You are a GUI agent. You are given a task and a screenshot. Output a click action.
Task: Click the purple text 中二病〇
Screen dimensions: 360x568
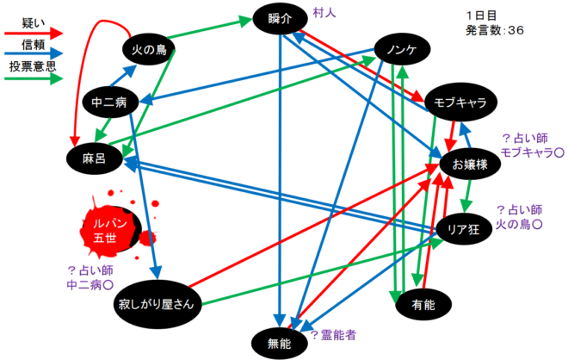pos(91,282)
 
